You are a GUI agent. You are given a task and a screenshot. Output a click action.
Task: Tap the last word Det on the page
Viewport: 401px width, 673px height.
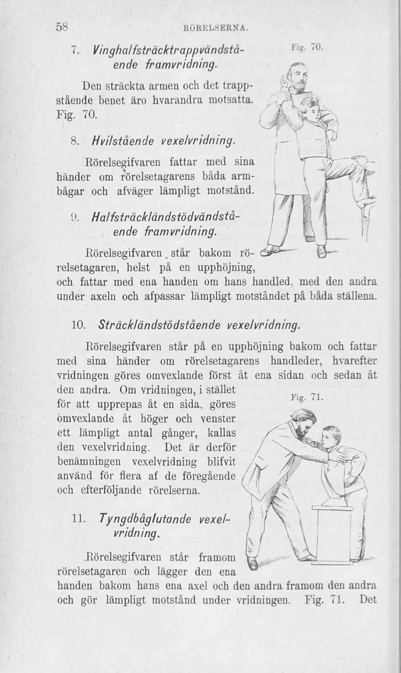pyautogui.click(x=368, y=600)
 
